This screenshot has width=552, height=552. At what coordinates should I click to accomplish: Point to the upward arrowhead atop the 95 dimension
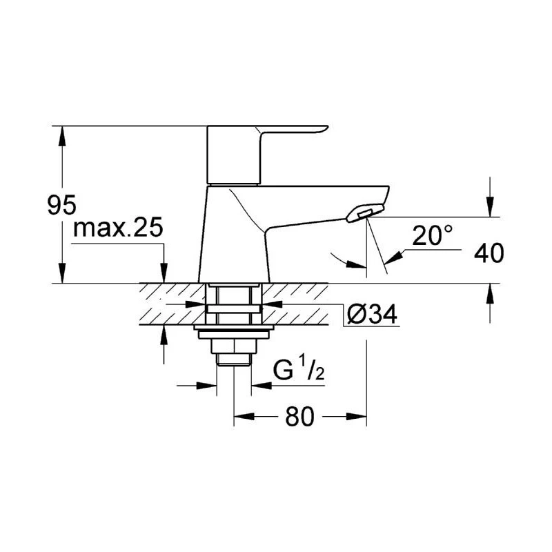click(63, 135)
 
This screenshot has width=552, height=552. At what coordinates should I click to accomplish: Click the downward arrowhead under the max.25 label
click(164, 275)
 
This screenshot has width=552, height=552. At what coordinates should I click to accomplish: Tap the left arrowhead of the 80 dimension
click(242, 416)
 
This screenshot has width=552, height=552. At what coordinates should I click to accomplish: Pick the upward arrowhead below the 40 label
click(490, 293)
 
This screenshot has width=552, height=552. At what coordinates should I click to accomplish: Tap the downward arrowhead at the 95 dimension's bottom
click(63, 275)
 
